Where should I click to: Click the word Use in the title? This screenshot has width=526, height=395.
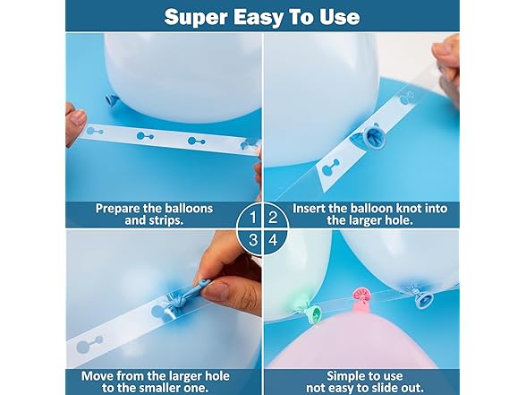click(x=338, y=17)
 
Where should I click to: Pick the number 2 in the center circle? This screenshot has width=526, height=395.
click(x=274, y=218)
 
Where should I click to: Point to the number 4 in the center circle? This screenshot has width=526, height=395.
click(x=274, y=240)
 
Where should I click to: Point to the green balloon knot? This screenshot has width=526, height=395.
click(x=314, y=311)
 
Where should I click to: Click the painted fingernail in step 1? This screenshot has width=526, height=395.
click(x=79, y=117)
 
